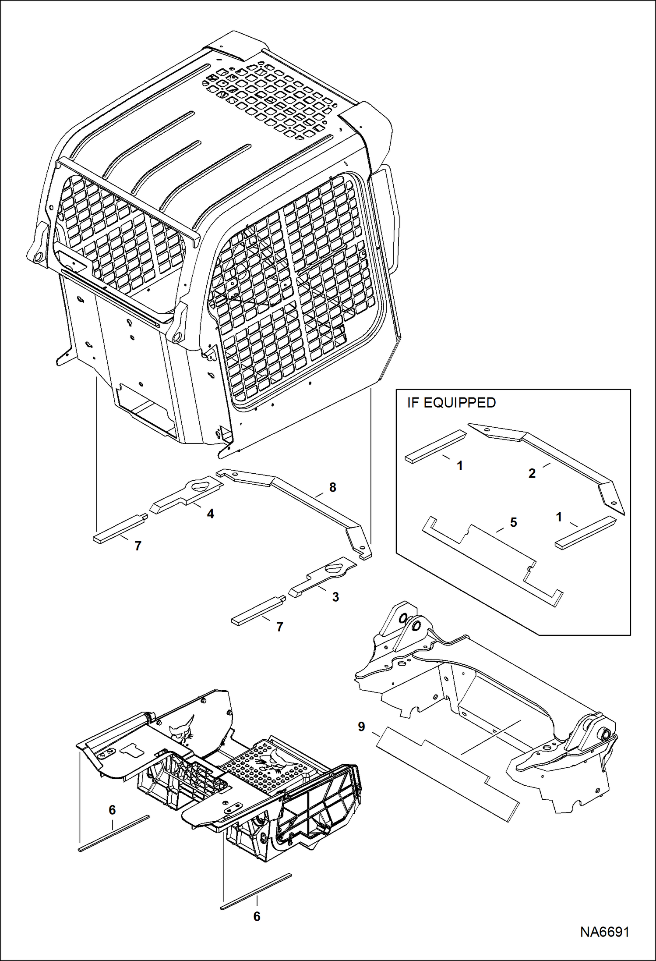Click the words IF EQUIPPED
tap(451, 402)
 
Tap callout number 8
tap(332, 487)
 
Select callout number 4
tap(210, 514)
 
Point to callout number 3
tap(335, 597)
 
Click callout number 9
tap(361, 727)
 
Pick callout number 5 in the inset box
tap(513, 522)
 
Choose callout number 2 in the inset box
tap(532, 473)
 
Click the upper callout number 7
tap(138, 546)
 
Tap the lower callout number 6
tap(257, 916)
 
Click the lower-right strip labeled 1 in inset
tap(585, 532)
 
